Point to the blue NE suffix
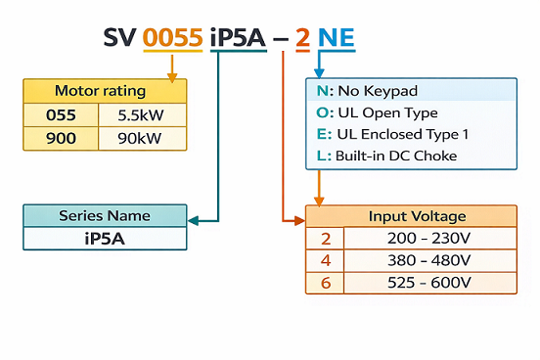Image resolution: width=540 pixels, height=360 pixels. [336, 38]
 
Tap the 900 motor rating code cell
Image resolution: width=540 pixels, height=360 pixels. [61, 138]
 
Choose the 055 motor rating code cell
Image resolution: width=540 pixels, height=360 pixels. [61, 114]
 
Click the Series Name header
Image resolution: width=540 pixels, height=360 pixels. [105, 215]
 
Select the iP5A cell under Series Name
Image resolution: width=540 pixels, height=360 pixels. [105, 238]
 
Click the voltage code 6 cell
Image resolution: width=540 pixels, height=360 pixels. [326, 284]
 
